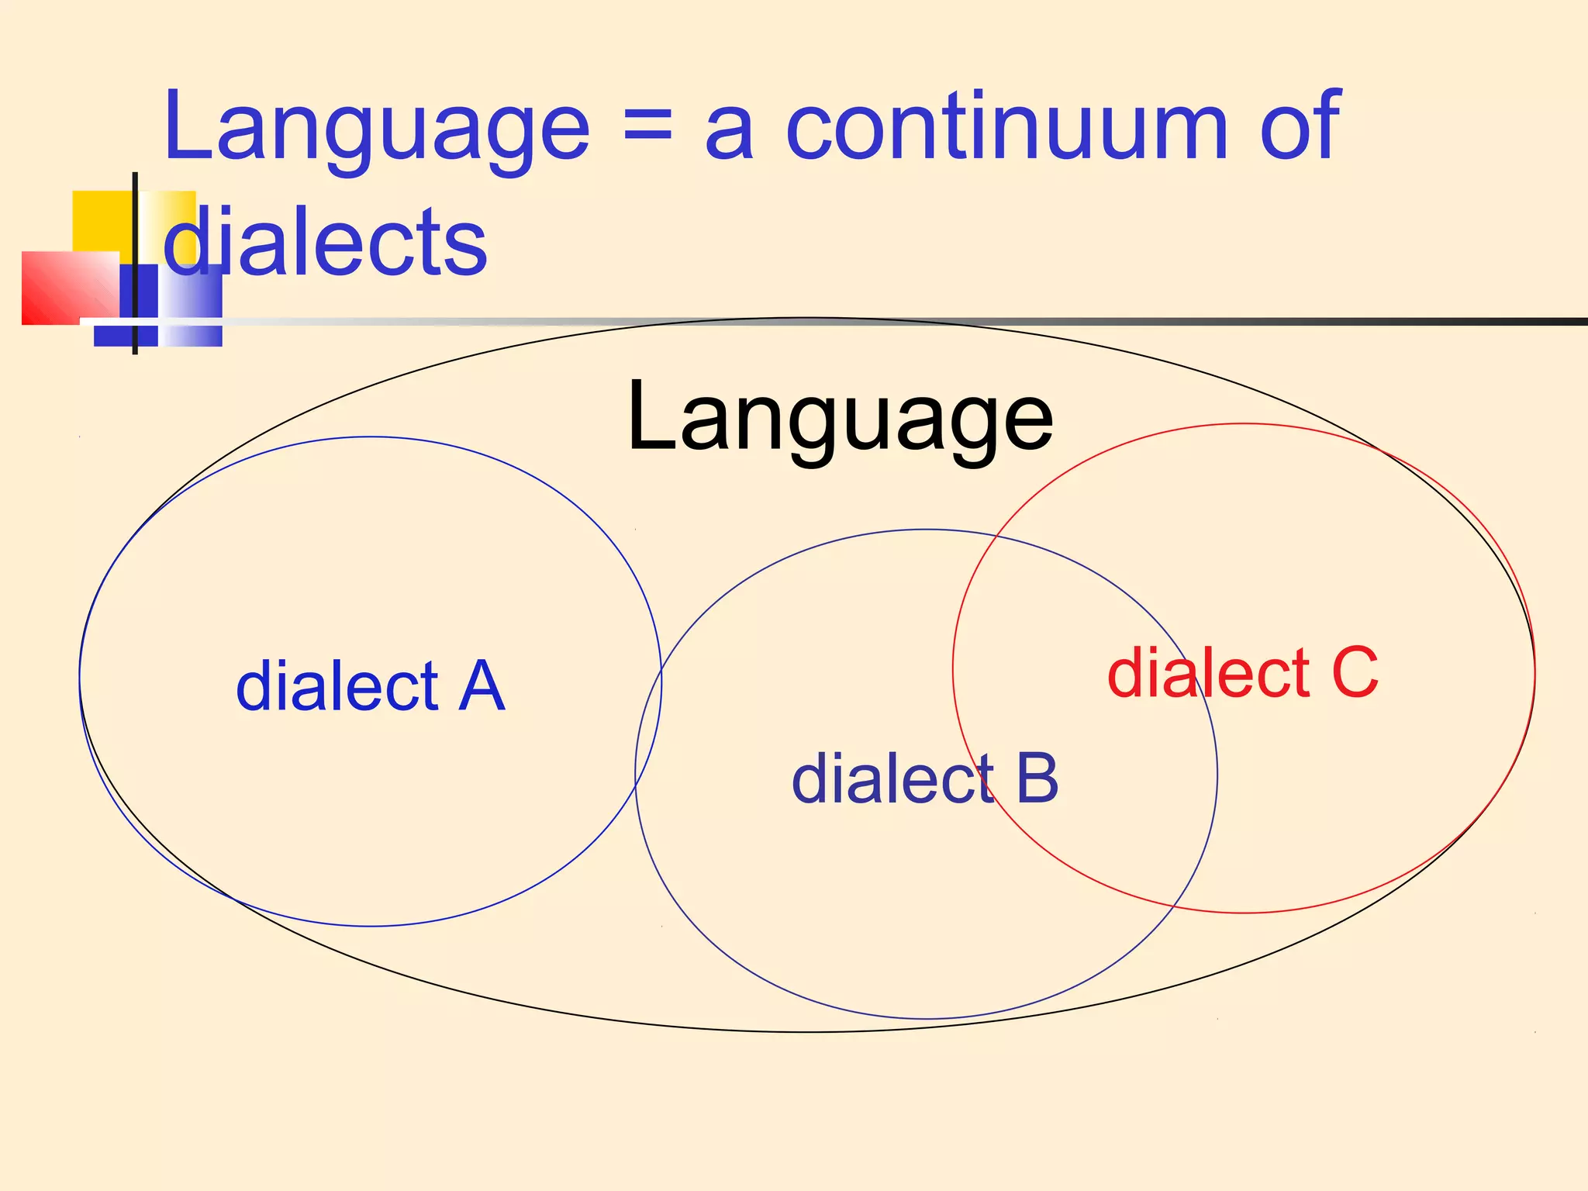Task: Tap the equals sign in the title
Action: (x=647, y=128)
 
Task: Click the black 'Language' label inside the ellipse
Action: (x=840, y=419)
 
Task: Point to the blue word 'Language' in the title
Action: (x=377, y=128)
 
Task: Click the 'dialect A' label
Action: (x=371, y=686)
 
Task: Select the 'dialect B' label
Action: (x=924, y=778)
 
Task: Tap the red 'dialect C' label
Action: (x=1243, y=672)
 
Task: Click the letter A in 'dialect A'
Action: (x=482, y=686)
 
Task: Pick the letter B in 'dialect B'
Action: (x=1037, y=778)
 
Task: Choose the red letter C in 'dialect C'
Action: (x=1355, y=672)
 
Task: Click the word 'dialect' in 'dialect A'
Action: (x=337, y=686)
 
